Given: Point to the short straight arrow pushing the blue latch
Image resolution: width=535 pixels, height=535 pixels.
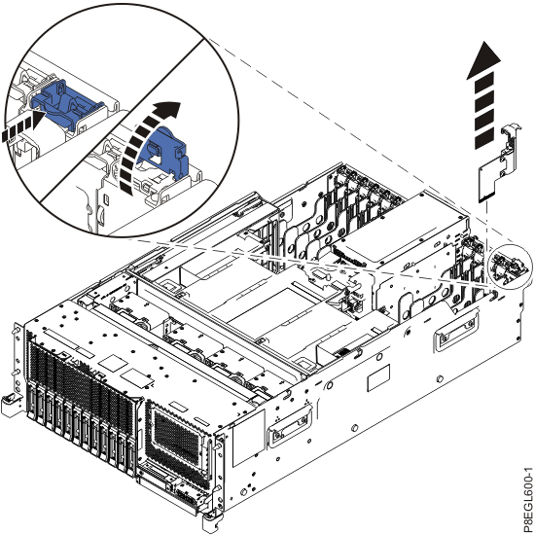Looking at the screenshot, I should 21,126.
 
